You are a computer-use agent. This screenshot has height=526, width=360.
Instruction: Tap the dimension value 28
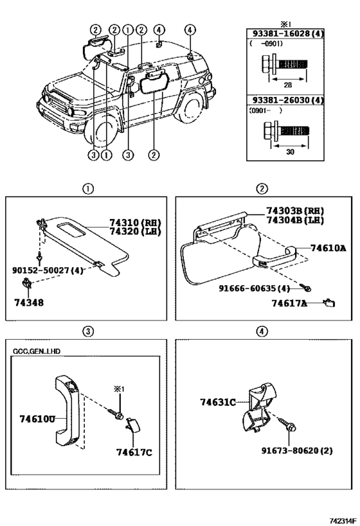point(288,84)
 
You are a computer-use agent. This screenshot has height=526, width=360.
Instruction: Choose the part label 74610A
point(328,247)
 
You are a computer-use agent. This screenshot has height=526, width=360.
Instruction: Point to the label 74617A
point(289,303)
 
